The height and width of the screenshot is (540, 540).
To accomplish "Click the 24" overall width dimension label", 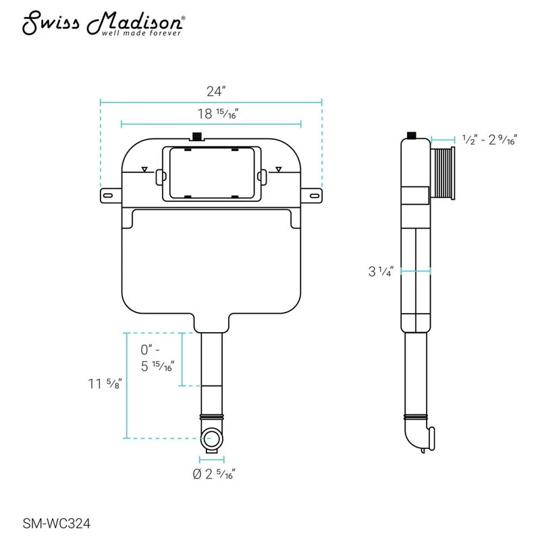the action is pos(215,91).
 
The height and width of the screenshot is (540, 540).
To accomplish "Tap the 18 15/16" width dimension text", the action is pos(217,113).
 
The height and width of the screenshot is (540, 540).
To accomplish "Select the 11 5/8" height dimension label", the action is pos(105,383).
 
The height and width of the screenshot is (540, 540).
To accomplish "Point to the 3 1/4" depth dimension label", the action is pos(381,271).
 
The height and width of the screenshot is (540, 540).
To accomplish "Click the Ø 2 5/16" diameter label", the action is pos(214,475).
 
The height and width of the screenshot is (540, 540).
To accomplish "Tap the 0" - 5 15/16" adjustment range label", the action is pos(157,358).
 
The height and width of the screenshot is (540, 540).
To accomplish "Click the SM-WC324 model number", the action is pos(57,524).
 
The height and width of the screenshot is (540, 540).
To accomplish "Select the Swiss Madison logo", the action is pos(103,24).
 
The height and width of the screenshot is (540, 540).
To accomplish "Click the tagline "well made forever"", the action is pos(141,33).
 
